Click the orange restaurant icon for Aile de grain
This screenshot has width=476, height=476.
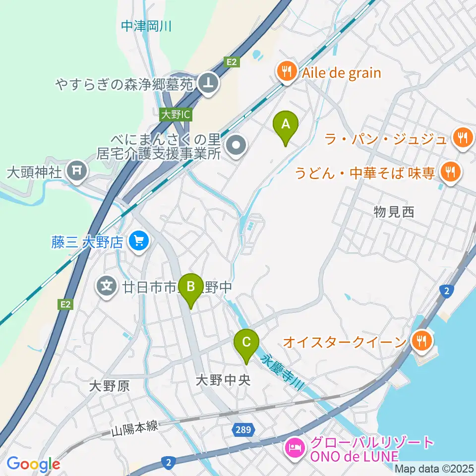(287, 73)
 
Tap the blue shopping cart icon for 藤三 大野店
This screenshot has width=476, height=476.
(138, 242)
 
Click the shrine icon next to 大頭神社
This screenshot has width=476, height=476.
(77, 172)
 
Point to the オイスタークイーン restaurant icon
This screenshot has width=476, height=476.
(421, 341)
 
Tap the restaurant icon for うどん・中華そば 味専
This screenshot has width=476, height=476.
(450, 172)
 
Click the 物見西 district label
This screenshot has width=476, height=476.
(394, 212)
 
